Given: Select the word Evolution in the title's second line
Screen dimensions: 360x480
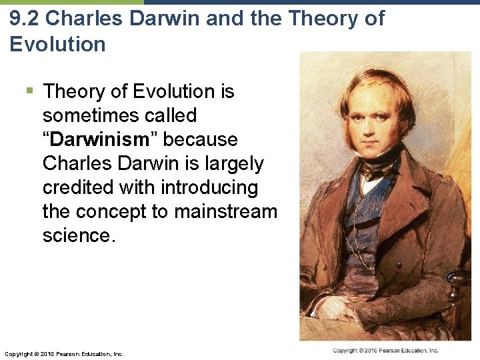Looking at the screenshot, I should point(57,45).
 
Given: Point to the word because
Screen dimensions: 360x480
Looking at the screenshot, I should point(201,139).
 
